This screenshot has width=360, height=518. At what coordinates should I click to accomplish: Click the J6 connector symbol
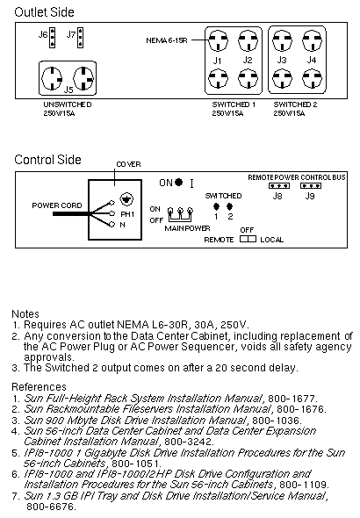click(x=52, y=38)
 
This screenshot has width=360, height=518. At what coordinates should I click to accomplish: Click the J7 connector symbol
click(x=80, y=38)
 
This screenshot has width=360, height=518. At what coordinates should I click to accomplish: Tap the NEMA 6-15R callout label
click(x=167, y=40)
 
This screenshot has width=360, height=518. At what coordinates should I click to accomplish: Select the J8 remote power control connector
click(x=279, y=185)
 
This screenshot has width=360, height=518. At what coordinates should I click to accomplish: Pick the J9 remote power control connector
click(x=311, y=185)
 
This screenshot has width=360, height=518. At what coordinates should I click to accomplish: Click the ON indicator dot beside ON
click(x=178, y=182)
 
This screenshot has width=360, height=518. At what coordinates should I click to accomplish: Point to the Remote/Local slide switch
click(x=248, y=239)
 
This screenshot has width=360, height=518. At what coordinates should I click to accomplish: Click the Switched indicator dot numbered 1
click(x=216, y=207)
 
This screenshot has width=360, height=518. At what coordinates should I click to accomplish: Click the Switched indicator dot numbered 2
click(x=230, y=207)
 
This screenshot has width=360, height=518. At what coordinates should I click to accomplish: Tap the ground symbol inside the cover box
click(x=126, y=199)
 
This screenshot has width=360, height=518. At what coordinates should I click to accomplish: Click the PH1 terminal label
click(x=127, y=214)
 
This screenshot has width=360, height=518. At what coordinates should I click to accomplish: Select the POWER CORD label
click(x=57, y=205)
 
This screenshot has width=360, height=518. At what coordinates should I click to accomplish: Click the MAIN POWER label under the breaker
click(x=187, y=228)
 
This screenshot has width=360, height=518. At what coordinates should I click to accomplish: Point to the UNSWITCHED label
click(x=68, y=104)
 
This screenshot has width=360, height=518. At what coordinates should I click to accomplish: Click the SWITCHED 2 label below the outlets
click(x=295, y=104)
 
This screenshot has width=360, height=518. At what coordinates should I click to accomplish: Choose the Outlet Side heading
click(x=44, y=12)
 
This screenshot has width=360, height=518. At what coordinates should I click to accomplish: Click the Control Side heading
click(x=47, y=160)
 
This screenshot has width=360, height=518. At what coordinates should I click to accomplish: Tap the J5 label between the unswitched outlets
click(x=68, y=90)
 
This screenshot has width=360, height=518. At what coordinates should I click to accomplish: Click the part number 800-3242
click(x=189, y=442)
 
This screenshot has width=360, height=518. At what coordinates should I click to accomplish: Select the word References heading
click(x=39, y=387)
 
